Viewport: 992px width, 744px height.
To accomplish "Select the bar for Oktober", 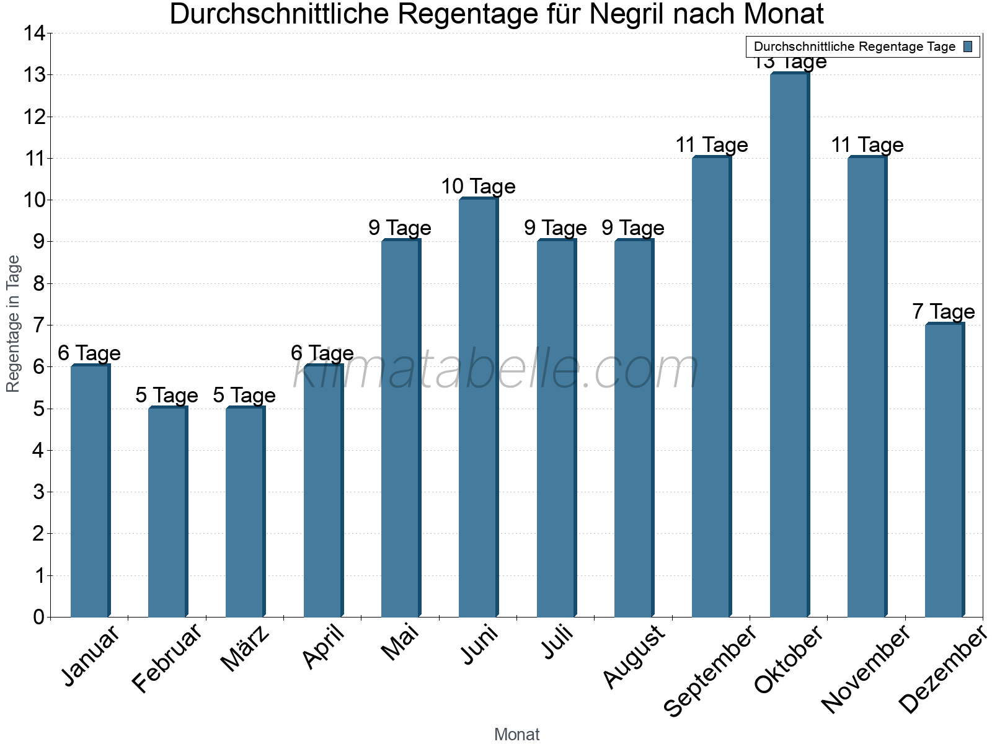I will coord(789,345).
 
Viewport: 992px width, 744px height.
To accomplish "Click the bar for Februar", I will coord(167,511).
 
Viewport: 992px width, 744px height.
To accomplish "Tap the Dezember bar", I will coord(944,470).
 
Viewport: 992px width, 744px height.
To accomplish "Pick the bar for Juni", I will coord(478,407).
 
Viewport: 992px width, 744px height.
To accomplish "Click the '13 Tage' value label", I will coord(789,63).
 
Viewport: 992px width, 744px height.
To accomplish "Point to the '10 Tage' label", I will coord(478,186).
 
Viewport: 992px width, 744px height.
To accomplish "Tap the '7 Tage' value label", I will coord(943,311).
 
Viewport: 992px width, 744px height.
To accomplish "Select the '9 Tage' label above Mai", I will coord(400,228).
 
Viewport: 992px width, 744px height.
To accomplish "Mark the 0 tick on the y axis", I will coord(38,617).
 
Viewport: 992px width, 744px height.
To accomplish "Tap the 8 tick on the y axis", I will coord(38,283).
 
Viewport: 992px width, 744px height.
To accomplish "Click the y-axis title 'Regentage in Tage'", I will coord(13,324).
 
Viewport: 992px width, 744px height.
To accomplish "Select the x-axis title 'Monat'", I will coord(516,734).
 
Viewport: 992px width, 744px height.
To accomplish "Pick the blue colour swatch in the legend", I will coord(968,46).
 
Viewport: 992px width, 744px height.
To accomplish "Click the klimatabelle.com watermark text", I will coord(496,370).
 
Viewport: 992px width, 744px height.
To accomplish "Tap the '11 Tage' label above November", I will coord(867,145).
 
